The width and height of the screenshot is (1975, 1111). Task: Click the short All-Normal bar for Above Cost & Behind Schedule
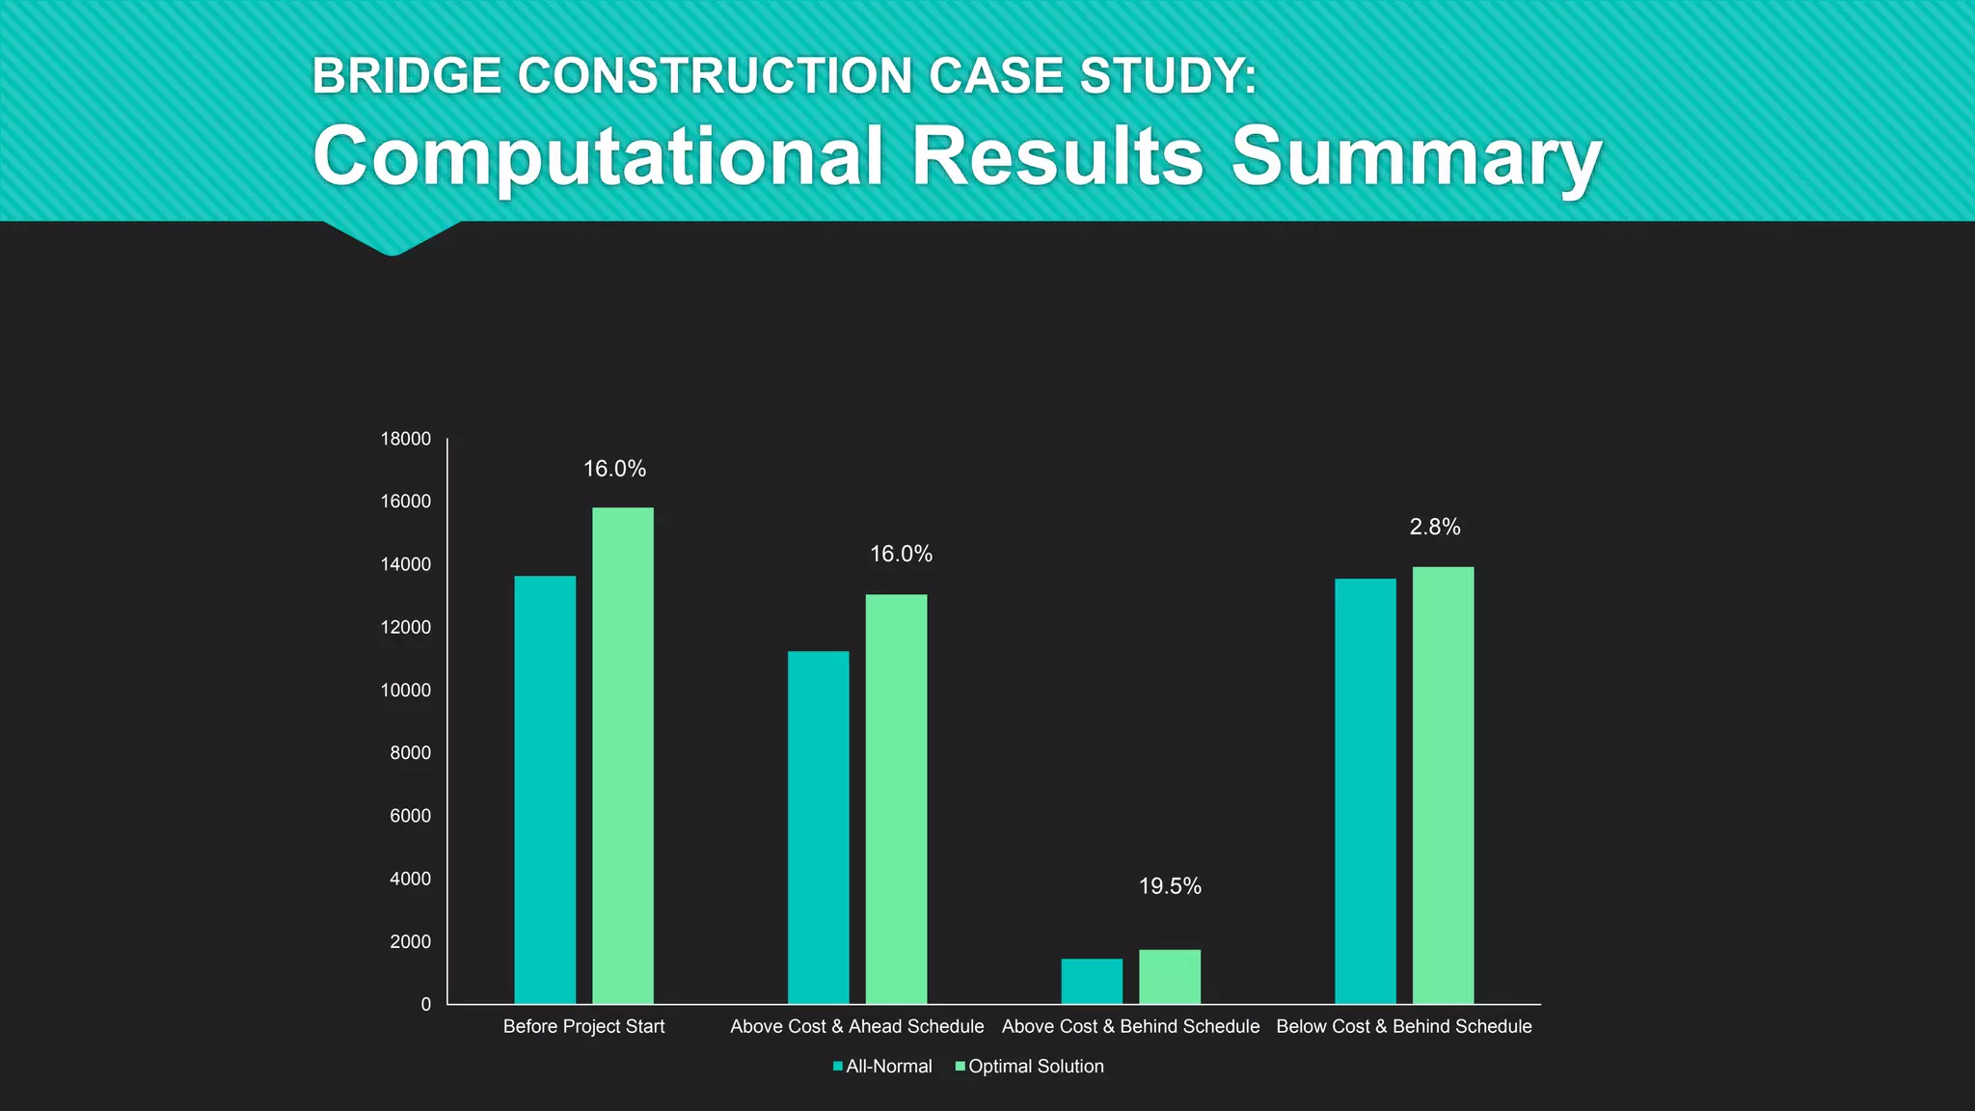pos(1092,981)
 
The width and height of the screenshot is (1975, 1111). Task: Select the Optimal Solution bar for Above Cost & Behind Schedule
pos(1170,976)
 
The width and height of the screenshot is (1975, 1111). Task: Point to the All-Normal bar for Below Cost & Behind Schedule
pos(1365,791)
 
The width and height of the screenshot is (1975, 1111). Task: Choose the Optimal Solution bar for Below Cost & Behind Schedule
pos(1443,785)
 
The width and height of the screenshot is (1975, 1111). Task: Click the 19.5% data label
pos(1170,886)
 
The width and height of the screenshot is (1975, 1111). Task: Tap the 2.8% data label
pos(1434,527)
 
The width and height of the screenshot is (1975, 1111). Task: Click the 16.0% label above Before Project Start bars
pos(614,469)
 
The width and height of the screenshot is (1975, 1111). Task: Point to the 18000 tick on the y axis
pos(405,439)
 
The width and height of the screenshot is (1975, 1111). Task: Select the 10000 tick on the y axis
pos(405,691)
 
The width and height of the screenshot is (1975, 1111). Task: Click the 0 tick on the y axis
pos(425,1005)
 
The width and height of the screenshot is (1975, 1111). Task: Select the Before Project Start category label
pos(583,1027)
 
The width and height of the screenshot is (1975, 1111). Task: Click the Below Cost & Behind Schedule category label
pos(1403,1027)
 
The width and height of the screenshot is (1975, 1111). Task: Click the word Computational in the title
pos(598,157)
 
